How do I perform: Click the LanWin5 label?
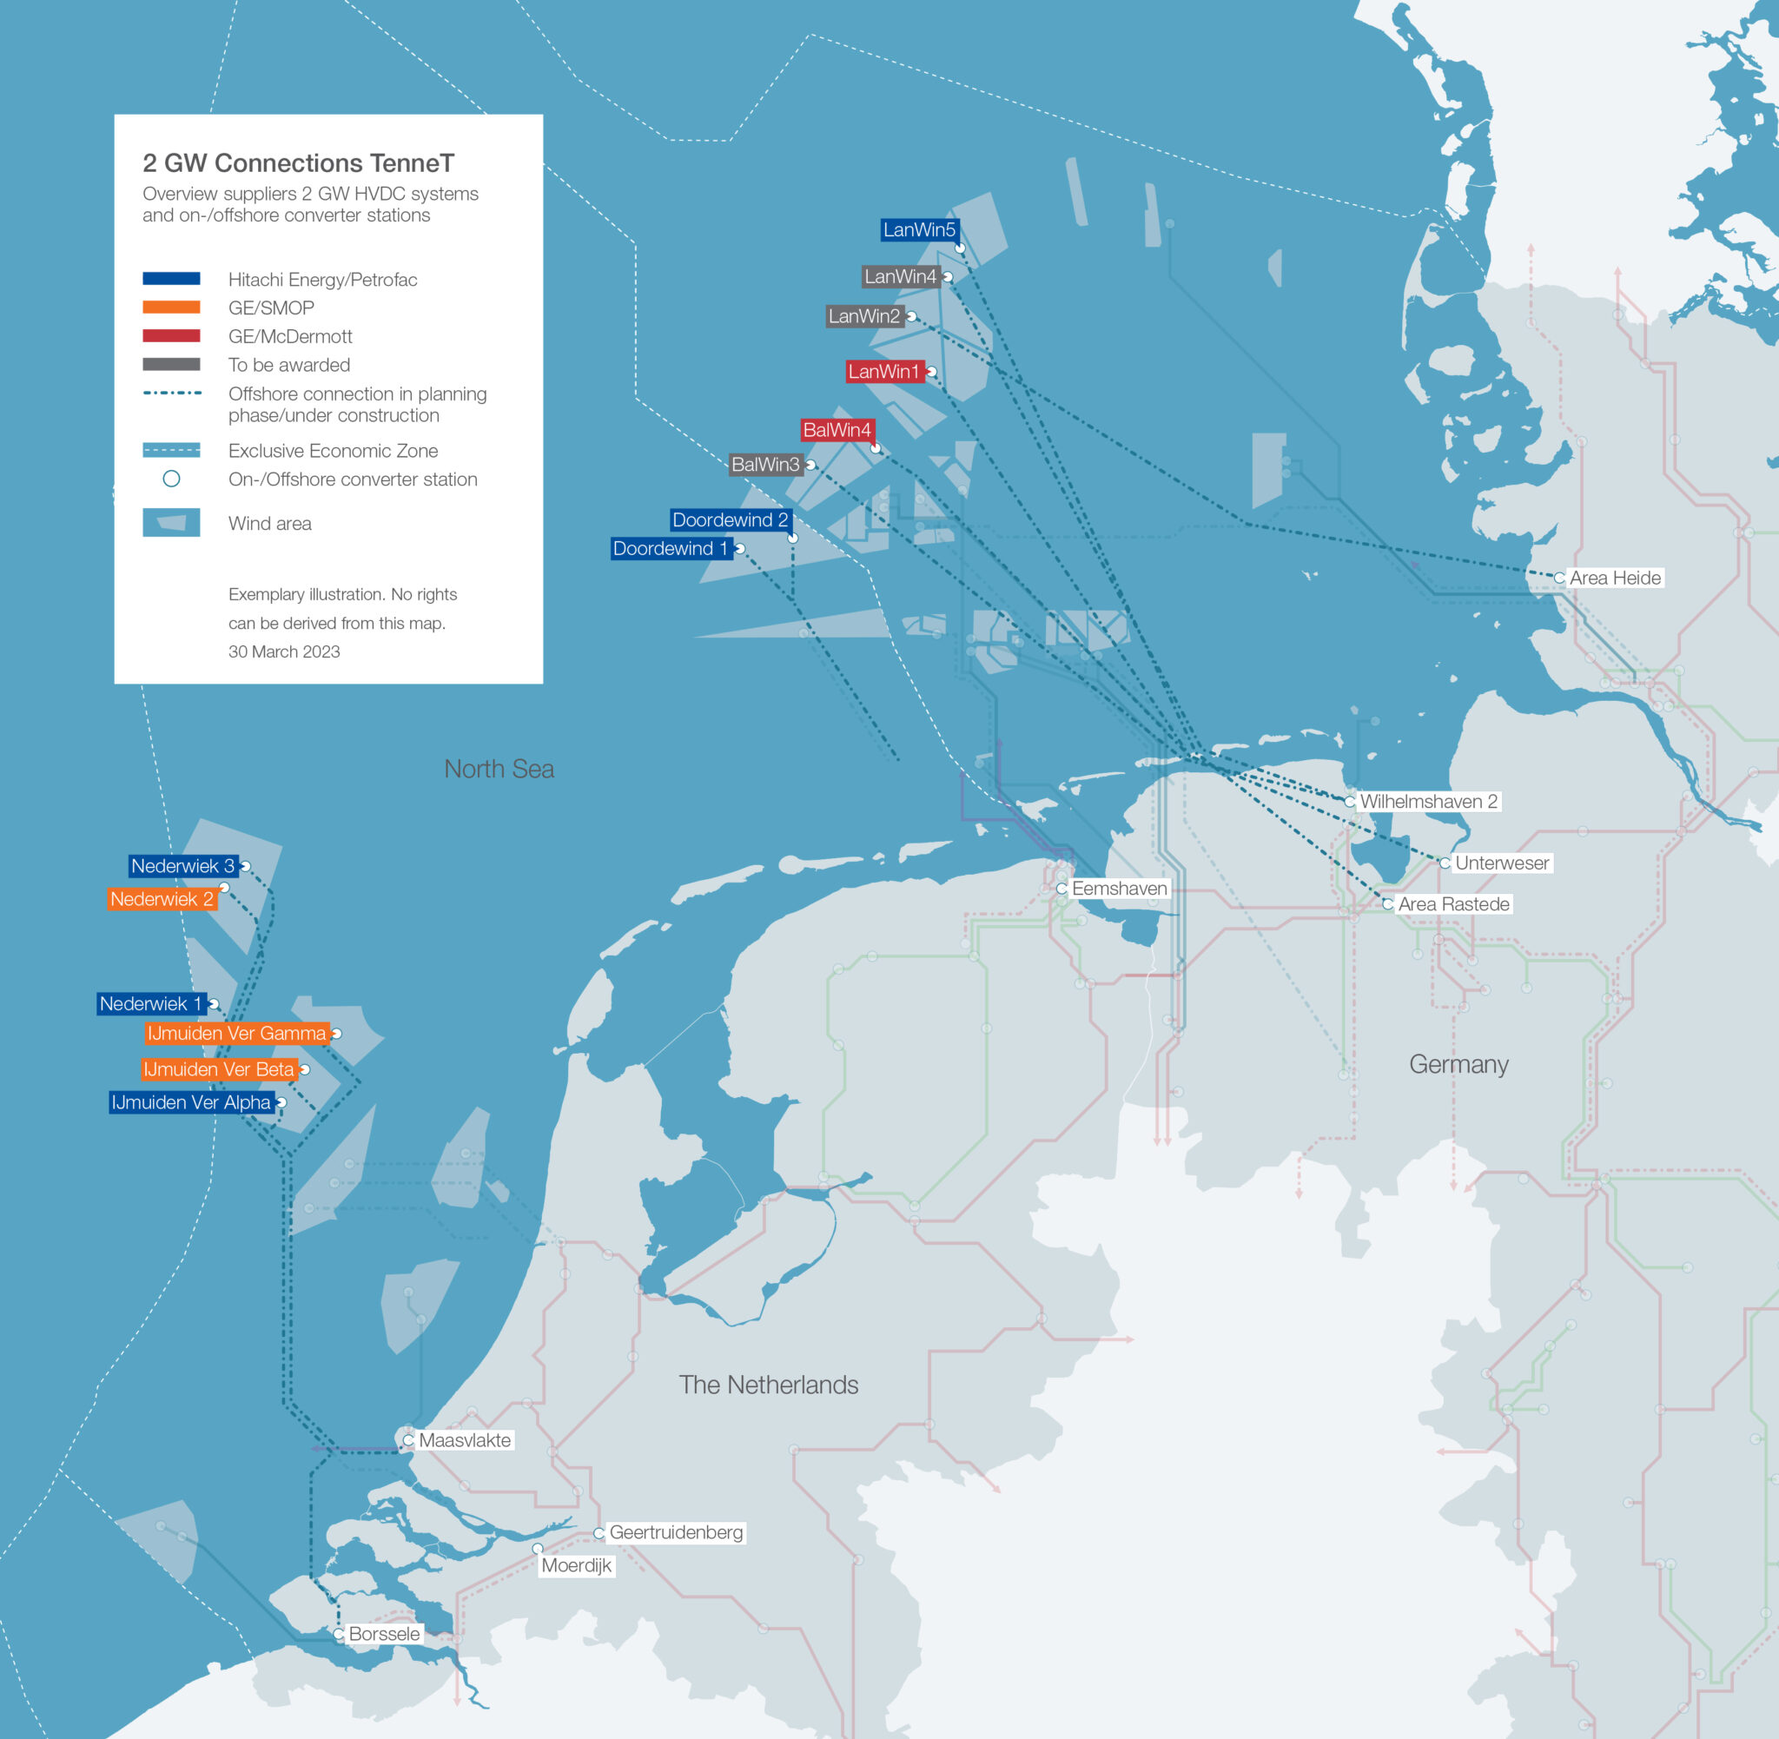[919, 230]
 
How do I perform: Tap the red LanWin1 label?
[884, 372]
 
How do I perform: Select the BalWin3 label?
[765, 465]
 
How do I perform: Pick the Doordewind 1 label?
[671, 549]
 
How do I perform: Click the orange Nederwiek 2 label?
[162, 900]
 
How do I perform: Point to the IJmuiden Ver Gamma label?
[236, 1034]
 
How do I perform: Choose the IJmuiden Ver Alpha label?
[191, 1103]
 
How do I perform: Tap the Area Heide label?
[1615, 579]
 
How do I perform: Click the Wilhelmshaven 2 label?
[1428, 802]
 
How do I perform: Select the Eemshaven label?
[1119, 889]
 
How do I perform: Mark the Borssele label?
[385, 1634]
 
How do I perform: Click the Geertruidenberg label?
[676, 1532]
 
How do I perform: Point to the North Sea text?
[499, 769]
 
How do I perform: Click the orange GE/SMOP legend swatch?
[172, 307]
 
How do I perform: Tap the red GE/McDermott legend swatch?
[172, 336]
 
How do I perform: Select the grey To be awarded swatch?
[172, 365]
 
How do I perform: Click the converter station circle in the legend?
[172, 479]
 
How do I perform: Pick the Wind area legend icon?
[172, 523]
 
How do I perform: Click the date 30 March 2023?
[284, 652]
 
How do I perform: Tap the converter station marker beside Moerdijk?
[538, 1549]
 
